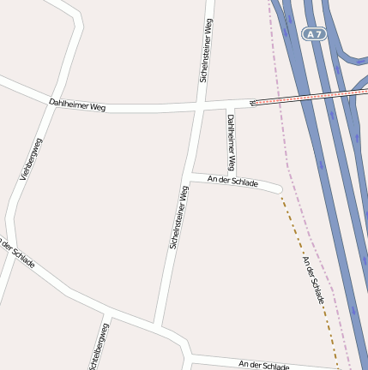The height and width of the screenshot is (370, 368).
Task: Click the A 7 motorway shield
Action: click(314, 34)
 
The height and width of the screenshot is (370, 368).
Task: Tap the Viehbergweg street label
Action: click(30, 159)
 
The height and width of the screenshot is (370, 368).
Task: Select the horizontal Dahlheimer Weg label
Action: click(77, 104)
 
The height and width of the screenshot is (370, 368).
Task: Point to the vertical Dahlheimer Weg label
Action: click(231, 140)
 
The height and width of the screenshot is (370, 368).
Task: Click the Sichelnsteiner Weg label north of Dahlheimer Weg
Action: click(204, 51)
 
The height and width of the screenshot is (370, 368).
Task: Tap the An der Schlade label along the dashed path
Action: click(313, 277)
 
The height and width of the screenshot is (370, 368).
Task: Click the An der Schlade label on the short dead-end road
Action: click(232, 182)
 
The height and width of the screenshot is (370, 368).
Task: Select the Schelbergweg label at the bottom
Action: click(98, 347)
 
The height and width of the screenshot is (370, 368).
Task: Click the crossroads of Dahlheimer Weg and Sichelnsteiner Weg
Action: click(198, 109)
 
